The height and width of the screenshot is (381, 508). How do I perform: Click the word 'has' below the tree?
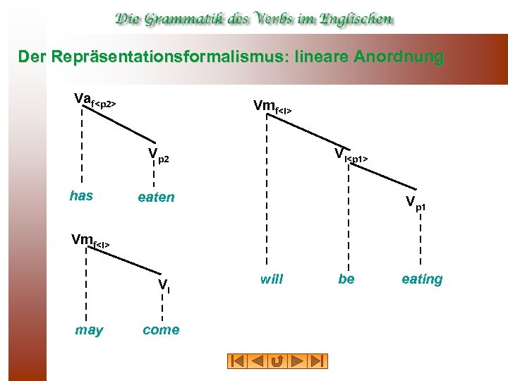[82, 196]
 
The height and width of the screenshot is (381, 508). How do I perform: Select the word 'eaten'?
[156, 198]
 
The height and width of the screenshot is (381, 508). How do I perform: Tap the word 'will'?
[271, 279]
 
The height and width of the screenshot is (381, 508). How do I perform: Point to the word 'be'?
[346, 279]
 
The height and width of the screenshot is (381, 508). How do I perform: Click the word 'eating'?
[422, 279]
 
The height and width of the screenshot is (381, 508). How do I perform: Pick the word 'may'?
[89, 330]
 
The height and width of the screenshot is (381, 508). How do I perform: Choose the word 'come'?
[161, 330]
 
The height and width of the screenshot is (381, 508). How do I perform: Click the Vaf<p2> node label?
[95, 100]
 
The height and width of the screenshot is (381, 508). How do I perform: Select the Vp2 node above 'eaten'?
[158, 157]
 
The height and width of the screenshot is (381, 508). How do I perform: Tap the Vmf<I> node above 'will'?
[272, 107]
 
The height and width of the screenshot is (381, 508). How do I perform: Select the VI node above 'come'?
[164, 285]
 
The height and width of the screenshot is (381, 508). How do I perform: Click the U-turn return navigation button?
[277, 361]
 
